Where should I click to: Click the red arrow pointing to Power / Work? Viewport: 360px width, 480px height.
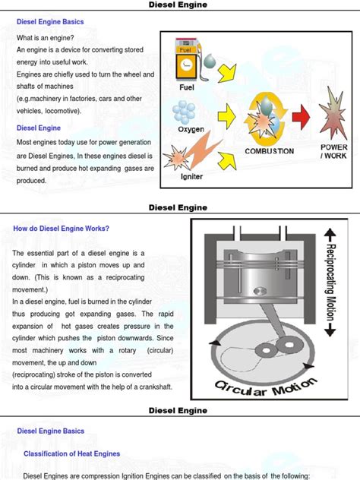point(301,117)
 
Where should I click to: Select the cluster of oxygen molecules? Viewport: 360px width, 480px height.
point(184,112)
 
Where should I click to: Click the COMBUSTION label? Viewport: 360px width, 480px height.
point(269,151)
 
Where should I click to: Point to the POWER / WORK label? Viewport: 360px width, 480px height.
point(333,151)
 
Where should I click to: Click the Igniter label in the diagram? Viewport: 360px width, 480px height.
point(191,177)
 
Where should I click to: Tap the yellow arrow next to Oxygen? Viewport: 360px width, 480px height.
point(227,117)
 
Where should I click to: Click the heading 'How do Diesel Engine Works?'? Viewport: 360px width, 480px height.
point(62,229)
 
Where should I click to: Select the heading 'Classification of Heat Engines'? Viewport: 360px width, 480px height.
point(72,453)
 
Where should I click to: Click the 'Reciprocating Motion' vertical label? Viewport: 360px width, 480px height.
point(330,283)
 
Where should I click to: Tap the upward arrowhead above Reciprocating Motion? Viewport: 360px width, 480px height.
point(330,234)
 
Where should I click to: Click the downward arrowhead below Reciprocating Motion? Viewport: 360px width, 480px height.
point(330,331)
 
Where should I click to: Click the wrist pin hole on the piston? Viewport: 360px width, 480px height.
point(260,291)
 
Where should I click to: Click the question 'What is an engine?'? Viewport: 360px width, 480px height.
point(46,38)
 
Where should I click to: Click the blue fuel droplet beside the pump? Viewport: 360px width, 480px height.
point(210,61)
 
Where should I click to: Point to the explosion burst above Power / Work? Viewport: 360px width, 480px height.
point(333,113)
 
